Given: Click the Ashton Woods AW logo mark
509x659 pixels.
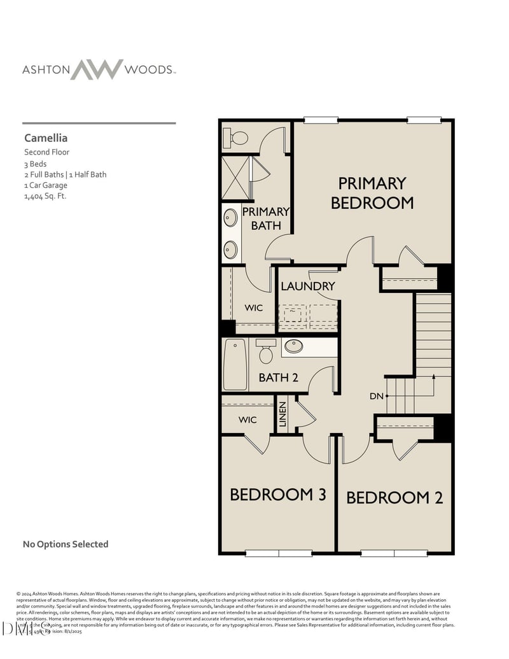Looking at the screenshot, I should pyautogui.click(x=97, y=69).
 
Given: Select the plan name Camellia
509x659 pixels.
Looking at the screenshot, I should pyautogui.click(x=46, y=138).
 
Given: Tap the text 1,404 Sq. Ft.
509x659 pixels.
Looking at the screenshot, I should pyautogui.click(x=45, y=196).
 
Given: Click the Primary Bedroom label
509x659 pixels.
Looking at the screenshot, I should pyautogui.click(x=372, y=193).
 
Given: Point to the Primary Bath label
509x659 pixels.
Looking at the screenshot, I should pyautogui.click(x=265, y=218).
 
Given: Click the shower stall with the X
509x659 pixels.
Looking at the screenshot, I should pyautogui.click(x=235, y=178).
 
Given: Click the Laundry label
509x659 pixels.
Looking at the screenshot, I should pyautogui.click(x=307, y=287).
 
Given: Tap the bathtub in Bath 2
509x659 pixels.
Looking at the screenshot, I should pyautogui.click(x=235, y=365).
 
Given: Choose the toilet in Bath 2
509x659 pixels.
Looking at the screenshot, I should pyautogui.click(x=266, y=351).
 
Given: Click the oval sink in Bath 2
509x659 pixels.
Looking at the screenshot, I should pyautogui.click(x=293, y=346).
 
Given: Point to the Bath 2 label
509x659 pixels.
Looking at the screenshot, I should pyautogui.click(x=278, y=378).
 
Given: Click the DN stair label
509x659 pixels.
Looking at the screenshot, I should pyautogui.click(x=377, y=396).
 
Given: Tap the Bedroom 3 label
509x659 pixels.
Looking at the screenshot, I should pyautogui.click(x=278, y=495).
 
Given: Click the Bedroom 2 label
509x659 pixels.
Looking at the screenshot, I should pyautogui.click(x=394, y=497).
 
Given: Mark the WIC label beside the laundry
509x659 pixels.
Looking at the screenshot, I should pyautogui.click(x=254, y=308).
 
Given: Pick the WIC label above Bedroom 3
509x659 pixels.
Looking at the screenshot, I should pyautogui.click(x=248, y=420).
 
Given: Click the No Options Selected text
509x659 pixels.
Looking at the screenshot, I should pyautogui.click(x=66, y=544).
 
